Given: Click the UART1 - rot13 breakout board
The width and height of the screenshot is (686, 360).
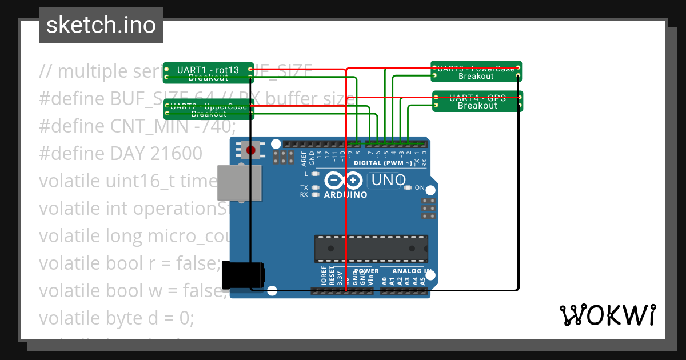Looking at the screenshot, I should pyautogui.click(x=208, y=73).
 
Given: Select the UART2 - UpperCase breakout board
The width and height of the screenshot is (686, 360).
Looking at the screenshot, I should pyautogui.click(x=208, y=109).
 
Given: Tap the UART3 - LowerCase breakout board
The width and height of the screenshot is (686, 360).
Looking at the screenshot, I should pyautogui.click(x=476, y=72).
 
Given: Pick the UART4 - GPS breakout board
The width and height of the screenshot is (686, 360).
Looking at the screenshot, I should pyautogui.click(x=477, y=101).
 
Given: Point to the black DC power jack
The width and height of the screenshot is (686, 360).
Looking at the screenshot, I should pyautogui.click(x=243, y=275).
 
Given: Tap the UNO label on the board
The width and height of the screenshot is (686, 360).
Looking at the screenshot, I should pyautogui.click(x=388, y=181).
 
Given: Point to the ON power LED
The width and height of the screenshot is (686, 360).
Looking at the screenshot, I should pyautogui.click(x=408, y=187).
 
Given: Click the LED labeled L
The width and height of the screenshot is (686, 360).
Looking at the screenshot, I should pyautogui.click(x=314, y=173).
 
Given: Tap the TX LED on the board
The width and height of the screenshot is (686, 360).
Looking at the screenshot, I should pyautogui.click(x=314, y=187).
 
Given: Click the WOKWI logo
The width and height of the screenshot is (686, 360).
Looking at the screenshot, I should pyautogui.click(x=607, y=315).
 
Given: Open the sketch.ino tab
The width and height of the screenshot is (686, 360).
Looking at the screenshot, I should pyautogui.click(x=101, y=25).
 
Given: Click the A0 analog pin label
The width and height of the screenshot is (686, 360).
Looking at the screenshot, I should pyautogui.click(x=384, y=281).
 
